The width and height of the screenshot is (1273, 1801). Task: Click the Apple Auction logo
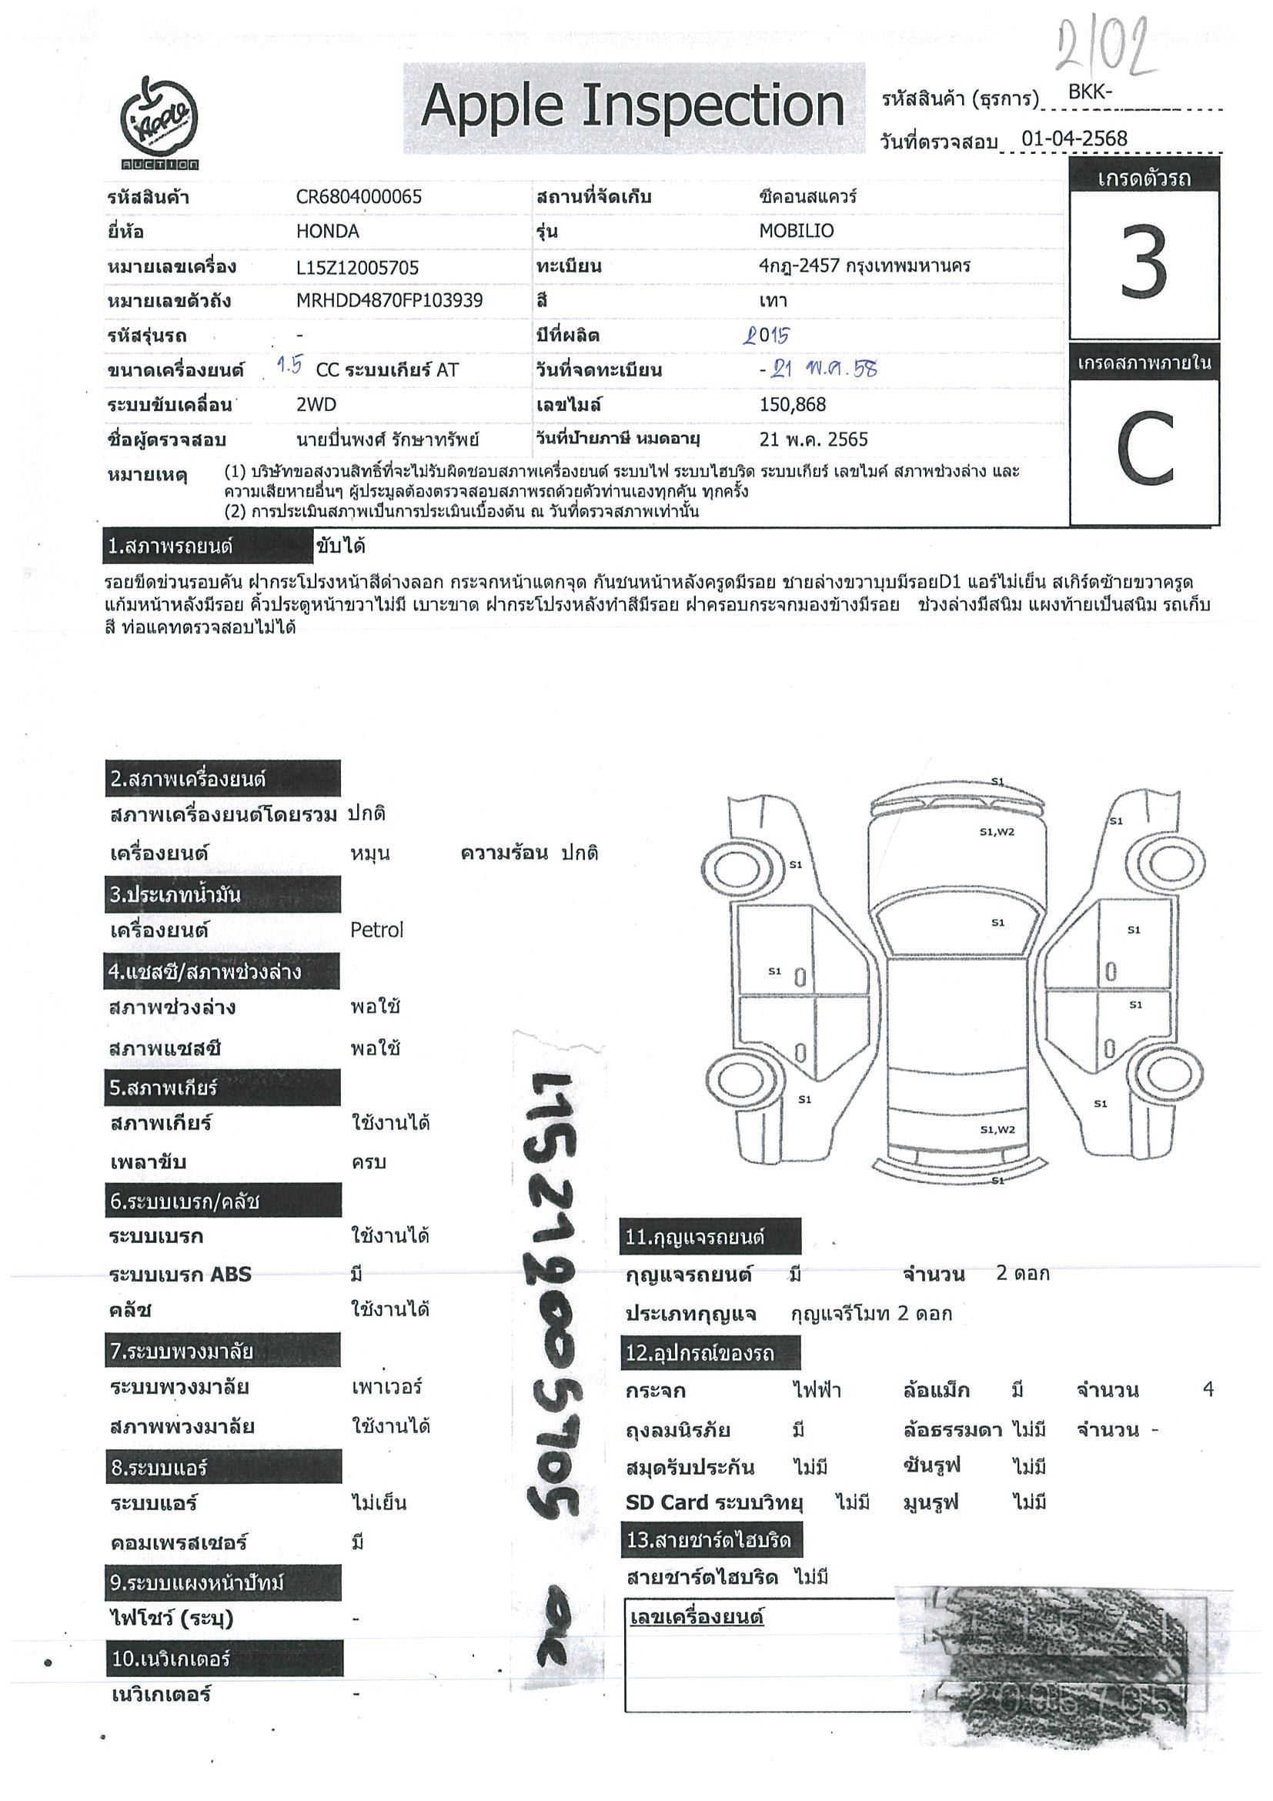pyautogui.click(x=159, y=124)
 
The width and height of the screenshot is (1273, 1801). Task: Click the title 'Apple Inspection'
pyautogui.click(x=632, y=108)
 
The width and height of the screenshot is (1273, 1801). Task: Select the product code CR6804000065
pyautogui.click(x=359, y=197)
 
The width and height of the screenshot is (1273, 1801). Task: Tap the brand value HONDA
pyautogui.click(x=327, y=232)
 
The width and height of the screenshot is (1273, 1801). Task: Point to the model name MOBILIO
pyautogui.click(x=796, y=232)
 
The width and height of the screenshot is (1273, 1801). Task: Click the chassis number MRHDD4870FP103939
pyautogui.click(x=389, y=300)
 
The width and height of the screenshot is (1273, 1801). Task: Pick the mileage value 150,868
pyautogui.click(x=792, y=405)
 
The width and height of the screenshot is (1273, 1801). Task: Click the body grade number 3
pyautogui.click(x=1144, y=262)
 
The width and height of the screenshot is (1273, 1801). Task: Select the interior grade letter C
pyautogui.click(x=1144, y=451)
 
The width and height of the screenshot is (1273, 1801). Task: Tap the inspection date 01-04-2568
pyautogui.click(x=1074, y=139)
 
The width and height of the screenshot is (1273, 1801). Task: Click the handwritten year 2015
pyautogui.click(x=767, y=336)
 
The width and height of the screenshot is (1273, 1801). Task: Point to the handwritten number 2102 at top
pyautogui.click(x=1106, y=47)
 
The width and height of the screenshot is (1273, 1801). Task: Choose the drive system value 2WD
pyautogui.click(x=316, y=405)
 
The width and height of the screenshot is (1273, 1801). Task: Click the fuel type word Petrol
pyautogui.click(x=376, y=931)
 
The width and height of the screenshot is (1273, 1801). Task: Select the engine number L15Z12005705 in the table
pyautogui.click(x=357, y=268)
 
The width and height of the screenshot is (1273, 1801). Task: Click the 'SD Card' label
pyautogui.click(x=667, y=1502)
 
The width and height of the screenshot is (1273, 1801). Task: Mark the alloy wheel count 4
pyautogui.click(x=1207, y=1390)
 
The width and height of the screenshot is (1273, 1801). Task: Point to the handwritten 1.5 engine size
pyautogui.click(x=290, y=366)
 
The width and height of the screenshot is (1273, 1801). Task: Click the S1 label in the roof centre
pyautogui.click(x=997, y=923)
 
